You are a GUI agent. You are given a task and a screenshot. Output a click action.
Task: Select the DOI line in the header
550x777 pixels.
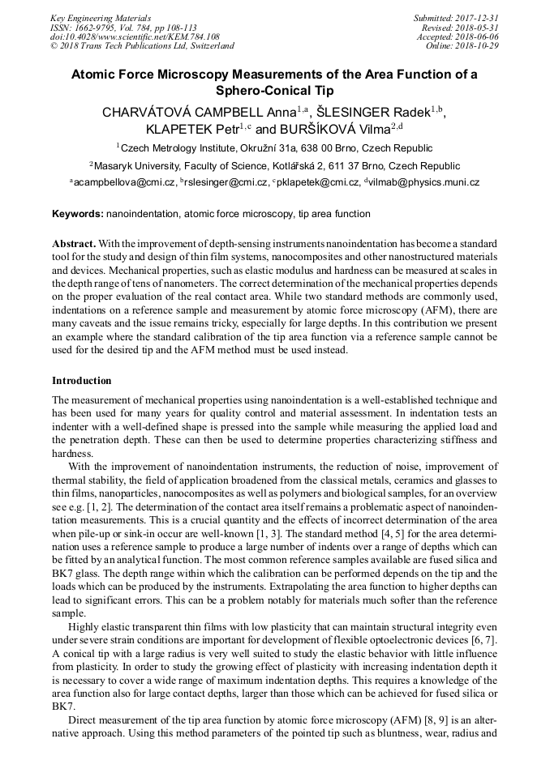(135, 36)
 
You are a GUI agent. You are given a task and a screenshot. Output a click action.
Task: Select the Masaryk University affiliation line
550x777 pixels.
(275, 165)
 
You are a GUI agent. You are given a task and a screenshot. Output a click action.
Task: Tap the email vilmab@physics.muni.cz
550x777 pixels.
(425, 183)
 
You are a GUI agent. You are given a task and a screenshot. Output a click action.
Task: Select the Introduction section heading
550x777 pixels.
(82, 380)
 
